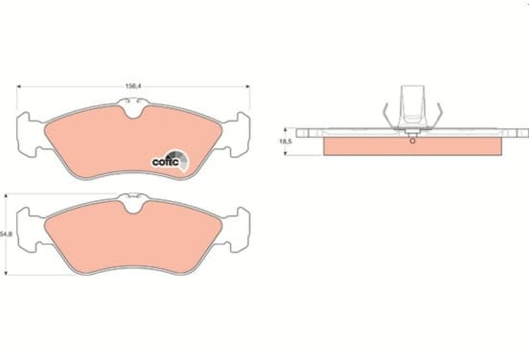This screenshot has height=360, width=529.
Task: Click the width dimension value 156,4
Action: pyautogui.click(x=133, y=86)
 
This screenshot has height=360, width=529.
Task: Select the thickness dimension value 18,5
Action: pyautogui.click(x=285, y=142)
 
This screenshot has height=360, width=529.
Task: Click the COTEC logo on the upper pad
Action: pyautogui.click(x=170, y=161)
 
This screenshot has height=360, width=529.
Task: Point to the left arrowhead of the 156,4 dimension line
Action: pyautogui.click(x=19, y=86)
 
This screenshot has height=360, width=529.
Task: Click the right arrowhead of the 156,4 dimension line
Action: pyautogui.click(x=248, y=86)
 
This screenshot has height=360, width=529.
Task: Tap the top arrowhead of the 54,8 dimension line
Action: pyautogui.click(x=6, y=196)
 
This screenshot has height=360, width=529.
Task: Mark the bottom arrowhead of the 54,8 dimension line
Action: pyautogui.click(x=6, y=272)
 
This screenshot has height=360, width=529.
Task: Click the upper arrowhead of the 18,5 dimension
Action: pyautogui.click(x=285, y=130)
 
